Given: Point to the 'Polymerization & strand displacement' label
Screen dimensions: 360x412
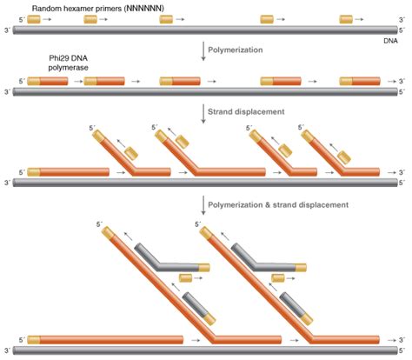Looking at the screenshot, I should click(277, 204).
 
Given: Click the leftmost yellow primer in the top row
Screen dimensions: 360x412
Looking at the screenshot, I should click(34, 18).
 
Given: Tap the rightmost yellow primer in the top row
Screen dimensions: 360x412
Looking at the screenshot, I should click(346, 18).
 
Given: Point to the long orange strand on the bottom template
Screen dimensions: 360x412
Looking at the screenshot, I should click(104, 339).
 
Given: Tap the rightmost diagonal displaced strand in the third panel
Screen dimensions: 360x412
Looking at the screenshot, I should click(322, 152).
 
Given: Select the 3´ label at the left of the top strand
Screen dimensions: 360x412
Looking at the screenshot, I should click(8, 30).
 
